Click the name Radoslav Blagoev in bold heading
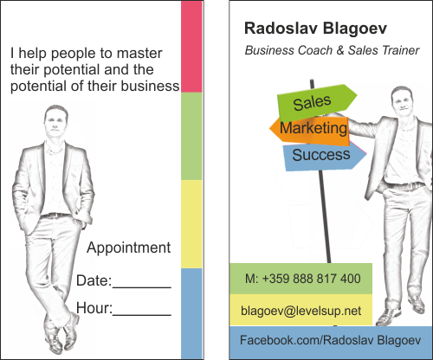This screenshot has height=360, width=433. point(315,29)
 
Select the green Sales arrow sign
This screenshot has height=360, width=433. point(317,102)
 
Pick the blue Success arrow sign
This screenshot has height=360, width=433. point(325,156)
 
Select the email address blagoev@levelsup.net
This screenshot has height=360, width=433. point(301,311)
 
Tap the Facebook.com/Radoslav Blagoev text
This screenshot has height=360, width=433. point(330,340)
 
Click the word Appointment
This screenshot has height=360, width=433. point(128,247)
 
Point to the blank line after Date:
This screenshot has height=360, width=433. point(142,287)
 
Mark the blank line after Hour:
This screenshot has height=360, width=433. point(142,315)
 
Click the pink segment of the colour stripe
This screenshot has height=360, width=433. point(191,47)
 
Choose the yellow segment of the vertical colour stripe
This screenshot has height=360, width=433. point(191,224)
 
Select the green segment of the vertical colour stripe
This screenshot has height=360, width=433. point(191,136)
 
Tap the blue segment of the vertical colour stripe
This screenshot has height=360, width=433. point(191,313)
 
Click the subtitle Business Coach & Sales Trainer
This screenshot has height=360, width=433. point(332,50)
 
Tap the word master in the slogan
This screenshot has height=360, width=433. point(139,54)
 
